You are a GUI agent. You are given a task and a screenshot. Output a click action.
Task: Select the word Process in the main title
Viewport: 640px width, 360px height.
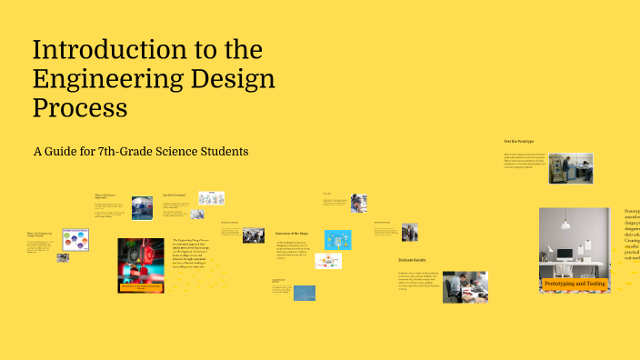click(80, 107)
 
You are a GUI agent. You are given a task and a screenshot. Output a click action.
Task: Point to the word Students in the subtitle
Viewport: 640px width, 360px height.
click(219, 151)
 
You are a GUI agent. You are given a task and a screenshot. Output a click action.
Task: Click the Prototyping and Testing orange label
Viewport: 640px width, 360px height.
click(575, 284)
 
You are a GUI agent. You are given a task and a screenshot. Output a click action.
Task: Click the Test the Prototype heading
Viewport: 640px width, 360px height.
click(520, 142)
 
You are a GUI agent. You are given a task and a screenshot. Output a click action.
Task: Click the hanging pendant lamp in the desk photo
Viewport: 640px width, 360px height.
click(564, 222)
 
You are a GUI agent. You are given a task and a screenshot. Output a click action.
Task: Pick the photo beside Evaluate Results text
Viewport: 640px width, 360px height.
click(465, 285)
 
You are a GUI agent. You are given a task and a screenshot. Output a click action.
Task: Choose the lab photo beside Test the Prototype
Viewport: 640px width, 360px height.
click(571, 169)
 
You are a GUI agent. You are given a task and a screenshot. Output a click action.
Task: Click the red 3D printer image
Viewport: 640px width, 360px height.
click(141, 265)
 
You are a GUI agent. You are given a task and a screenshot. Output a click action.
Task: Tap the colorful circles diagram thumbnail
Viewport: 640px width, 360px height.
click(75, 240)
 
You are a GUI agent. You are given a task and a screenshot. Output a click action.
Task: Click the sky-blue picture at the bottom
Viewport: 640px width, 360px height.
click(305, 293)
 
